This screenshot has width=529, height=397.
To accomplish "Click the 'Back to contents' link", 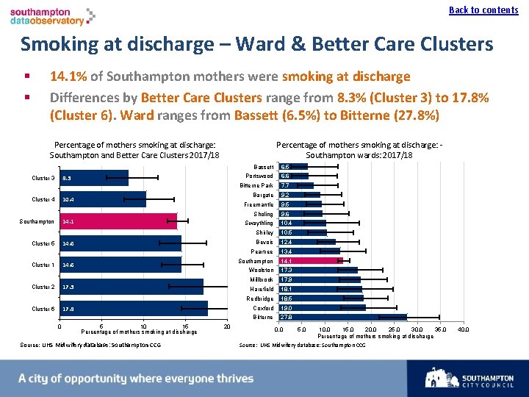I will [483, 10].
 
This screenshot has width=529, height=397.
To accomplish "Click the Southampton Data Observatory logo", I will [52, 16].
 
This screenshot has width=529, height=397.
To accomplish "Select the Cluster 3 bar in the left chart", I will [94, 178].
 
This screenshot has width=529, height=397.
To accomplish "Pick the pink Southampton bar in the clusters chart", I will [118, 221].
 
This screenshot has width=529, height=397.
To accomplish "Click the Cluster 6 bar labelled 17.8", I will [133, 309].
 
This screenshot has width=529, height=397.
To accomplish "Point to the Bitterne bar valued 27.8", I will [342, 318].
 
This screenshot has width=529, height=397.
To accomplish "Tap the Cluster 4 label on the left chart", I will [43, 200].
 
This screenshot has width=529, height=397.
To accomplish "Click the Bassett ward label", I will [263, 167].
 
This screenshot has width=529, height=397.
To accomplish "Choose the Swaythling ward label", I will [259, 223].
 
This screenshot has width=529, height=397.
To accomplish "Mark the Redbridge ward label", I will [260, 299].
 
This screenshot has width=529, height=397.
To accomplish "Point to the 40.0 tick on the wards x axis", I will [463, 329].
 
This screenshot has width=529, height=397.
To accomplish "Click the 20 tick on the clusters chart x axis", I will [227, 326].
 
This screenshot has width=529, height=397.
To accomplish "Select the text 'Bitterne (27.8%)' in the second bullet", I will [392, 115].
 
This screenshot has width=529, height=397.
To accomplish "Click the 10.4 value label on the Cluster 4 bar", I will [68, 200].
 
